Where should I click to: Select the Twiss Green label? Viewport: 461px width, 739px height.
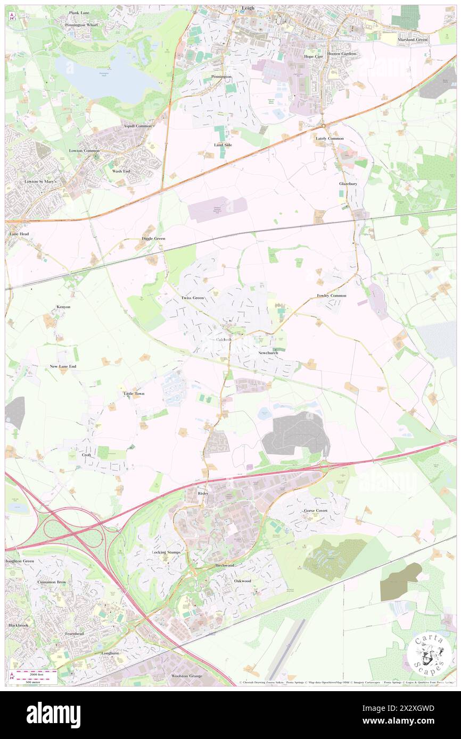[x=192, y=298]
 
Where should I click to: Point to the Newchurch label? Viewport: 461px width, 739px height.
[x=268, y=353]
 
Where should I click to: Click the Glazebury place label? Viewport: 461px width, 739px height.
[x=349, y=183]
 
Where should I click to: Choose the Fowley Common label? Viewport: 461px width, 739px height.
[x=331, y=296]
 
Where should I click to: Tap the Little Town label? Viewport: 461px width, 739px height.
[x=134, y=393]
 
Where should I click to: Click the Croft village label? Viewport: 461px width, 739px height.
[x=87, y=455]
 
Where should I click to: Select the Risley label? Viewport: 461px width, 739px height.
[x=202, y=493]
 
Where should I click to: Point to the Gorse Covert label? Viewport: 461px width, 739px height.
[x=316, y=510]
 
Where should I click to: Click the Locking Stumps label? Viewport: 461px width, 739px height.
[x=166, y=552]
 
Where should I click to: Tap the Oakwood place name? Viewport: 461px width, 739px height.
[x=242, y=581]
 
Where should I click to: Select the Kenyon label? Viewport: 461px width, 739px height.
[x=63, y=307]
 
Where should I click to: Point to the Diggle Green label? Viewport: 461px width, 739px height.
[x=153, y=239]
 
